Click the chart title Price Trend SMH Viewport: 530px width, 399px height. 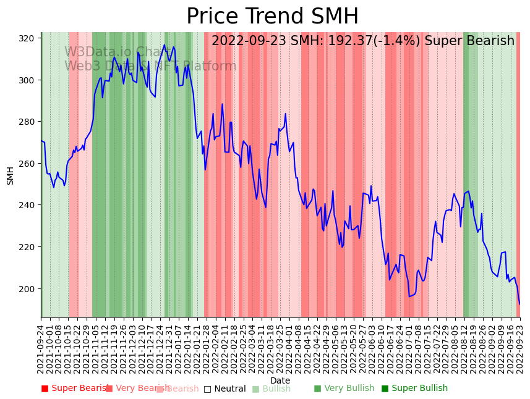272,17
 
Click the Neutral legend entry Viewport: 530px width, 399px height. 225,388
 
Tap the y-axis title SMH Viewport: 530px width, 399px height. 11,175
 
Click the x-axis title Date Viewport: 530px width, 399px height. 280,380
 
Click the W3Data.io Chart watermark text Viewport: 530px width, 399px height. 118,52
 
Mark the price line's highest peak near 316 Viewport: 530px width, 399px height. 165,45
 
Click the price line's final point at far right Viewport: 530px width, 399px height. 519,304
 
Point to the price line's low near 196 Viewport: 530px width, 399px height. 409,296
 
